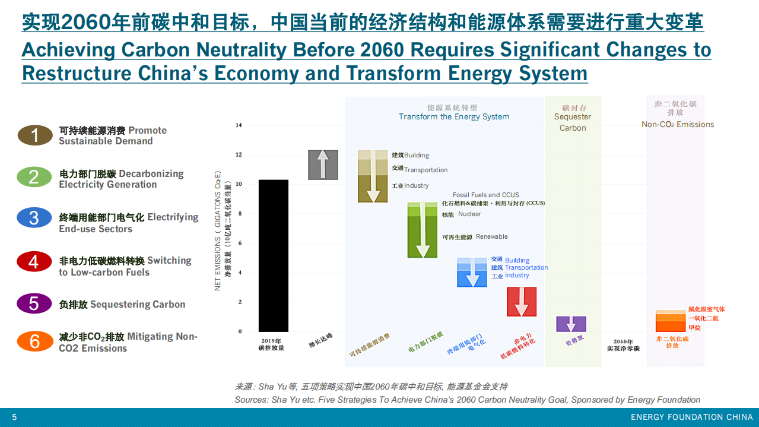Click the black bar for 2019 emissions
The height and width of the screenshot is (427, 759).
[x=274, y=255]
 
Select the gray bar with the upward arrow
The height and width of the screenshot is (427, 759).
[x=323, y=165]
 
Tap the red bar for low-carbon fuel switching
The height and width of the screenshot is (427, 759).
[x=521, y=302]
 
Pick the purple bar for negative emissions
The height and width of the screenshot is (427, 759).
[x=571, y=324]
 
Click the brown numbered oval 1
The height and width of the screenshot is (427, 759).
[x=34, y=135]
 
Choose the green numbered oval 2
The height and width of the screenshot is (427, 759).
[x=34, y=177]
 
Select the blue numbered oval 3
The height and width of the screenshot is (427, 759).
[x=34, y=218]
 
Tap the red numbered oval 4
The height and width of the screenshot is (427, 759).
[x=34, y=262]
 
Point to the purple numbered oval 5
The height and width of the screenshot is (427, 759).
[x=34, y=303]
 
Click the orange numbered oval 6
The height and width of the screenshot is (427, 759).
[x=34, y=341]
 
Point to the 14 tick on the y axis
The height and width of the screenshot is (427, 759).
[x=239, y=125]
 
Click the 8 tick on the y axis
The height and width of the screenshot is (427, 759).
[x=240, y=214]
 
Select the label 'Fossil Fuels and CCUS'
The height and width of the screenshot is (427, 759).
[x=485, y=195]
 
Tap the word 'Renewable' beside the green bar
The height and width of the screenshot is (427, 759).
[x=491, y=236]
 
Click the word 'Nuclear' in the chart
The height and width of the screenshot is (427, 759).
[x=469, y=214]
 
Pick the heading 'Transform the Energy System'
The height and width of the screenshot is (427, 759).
[x=454, y=117]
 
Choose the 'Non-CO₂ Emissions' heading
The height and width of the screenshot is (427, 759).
[x=677, y=125]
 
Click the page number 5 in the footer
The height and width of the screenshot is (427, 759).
[x=14, y=417]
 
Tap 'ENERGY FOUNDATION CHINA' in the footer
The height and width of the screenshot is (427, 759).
[x=691, y=417]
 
